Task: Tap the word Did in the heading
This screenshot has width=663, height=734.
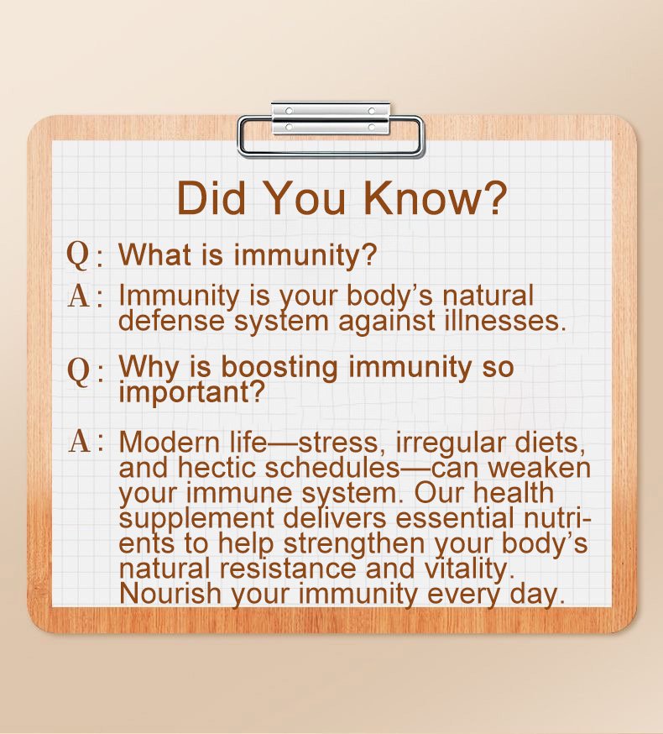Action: point(211,197)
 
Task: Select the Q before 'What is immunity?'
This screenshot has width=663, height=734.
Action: point(78,255)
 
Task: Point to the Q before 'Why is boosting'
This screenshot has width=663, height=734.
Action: point(78,370)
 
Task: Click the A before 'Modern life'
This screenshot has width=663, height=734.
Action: point(79,441)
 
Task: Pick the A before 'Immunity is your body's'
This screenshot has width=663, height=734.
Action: point(79,296)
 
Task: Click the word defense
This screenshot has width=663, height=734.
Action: point(172,321)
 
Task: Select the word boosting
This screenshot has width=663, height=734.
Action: point(279,367)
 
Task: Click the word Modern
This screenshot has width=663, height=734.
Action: point(169,442)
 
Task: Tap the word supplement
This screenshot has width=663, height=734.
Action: point(196,519)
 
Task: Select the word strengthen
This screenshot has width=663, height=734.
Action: point(354,544)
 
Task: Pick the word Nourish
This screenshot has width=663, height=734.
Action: point(170,594)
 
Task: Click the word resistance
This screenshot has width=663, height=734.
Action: point(288,569)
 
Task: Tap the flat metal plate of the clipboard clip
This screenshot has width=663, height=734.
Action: point(331,118)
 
